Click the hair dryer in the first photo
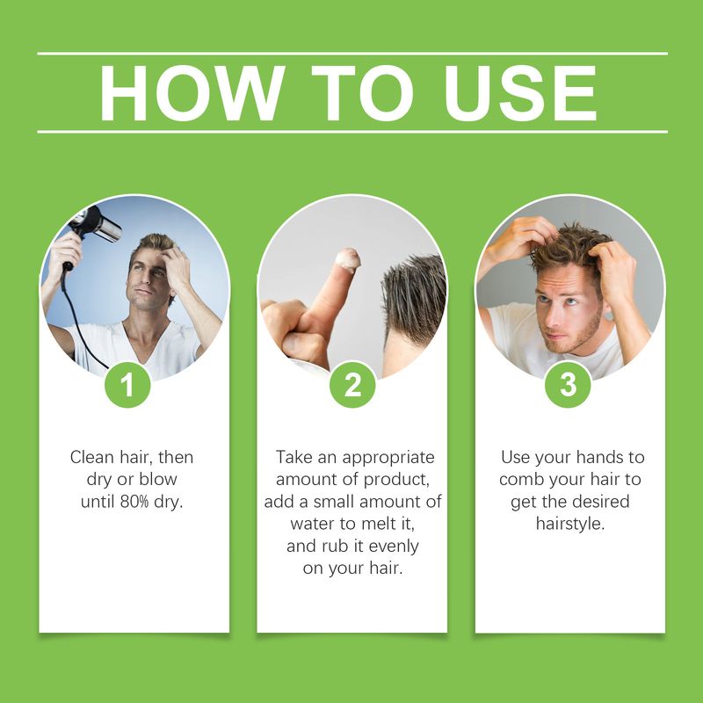97,223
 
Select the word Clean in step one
92,458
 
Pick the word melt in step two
383,525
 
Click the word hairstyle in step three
570,525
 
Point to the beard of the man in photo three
580,338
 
